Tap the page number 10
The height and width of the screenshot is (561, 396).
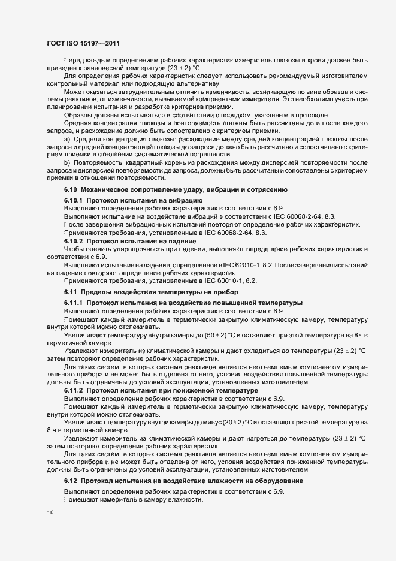click(x=49, y=512)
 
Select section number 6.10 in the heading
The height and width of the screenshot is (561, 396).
click(x=71, y=189)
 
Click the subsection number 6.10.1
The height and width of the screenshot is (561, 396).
click(x=75, y=200)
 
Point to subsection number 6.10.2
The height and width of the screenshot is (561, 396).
click(x=75, y=240)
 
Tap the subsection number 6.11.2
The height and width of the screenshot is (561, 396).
click(x=75, y=391)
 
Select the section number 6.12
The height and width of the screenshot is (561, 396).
click(x=71, y=481)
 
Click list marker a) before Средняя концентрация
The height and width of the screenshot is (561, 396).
click(x=66, y=138)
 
